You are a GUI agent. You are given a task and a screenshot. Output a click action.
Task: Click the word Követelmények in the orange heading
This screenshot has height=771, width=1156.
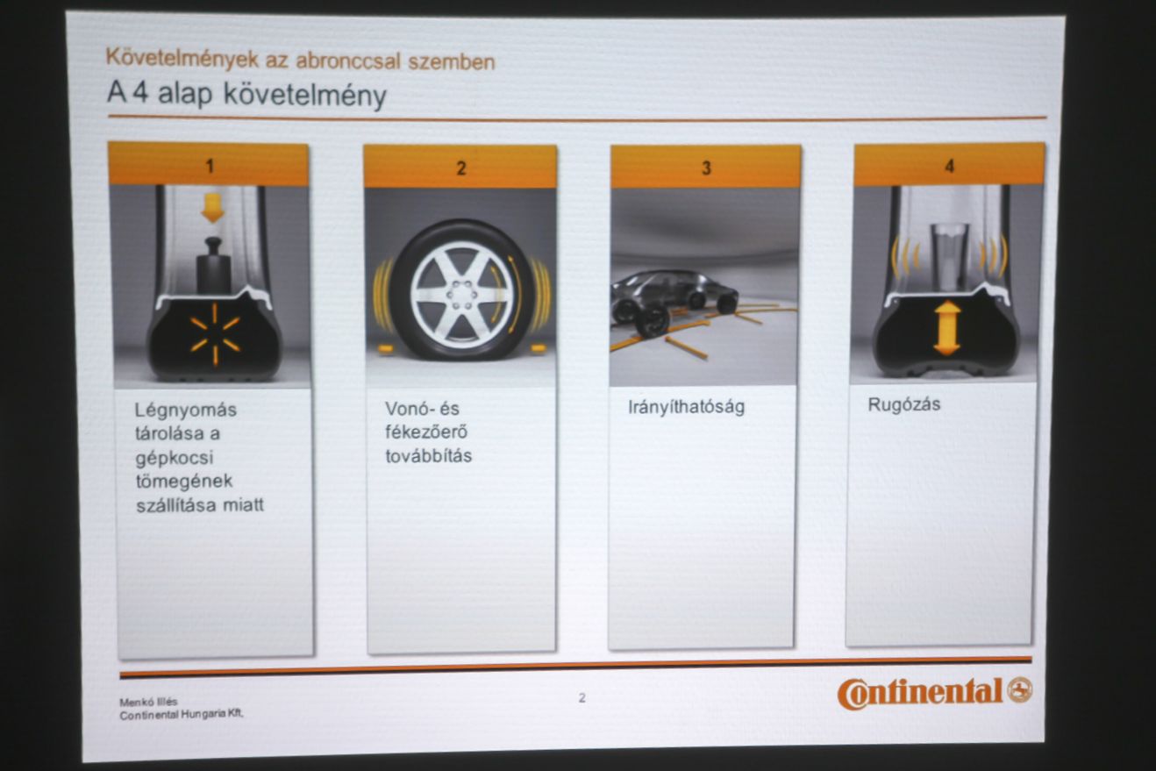tap(182, 58)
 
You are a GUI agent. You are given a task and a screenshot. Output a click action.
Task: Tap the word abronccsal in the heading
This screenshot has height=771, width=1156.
tap(348, 61)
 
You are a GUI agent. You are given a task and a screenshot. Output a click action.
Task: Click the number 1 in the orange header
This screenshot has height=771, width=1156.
tap(210, 166)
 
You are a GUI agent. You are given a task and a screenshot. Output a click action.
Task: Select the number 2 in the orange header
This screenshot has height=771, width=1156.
tap(461, 168)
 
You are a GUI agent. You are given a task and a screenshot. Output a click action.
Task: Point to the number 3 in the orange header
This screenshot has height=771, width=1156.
tap(707, 168)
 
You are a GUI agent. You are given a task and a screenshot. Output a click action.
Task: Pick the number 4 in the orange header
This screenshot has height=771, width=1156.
tap(950, 166)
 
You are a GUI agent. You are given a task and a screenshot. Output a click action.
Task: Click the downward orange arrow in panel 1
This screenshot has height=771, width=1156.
tap(212, 208)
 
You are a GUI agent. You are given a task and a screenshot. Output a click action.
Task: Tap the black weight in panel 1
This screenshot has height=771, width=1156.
tap(214, 267)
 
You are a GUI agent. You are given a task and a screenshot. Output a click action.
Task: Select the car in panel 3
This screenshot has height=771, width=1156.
tap(674, 302)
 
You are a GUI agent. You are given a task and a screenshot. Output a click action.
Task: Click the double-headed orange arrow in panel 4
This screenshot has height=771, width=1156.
tap(947, 328)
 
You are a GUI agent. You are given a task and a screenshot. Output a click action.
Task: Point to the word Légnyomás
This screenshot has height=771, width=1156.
tap(186, 410)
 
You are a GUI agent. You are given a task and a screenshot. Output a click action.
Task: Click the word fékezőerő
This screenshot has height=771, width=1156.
tap(426, 432)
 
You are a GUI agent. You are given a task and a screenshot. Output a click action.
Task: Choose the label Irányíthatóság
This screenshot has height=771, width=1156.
tap(687, 408)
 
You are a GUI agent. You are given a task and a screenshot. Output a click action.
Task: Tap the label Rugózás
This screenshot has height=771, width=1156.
tap(904, 404)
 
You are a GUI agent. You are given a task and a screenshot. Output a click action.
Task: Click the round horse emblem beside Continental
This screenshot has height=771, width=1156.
tap(1020, 690)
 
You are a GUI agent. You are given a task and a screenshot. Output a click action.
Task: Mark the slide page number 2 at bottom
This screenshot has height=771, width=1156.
tap(582, 697)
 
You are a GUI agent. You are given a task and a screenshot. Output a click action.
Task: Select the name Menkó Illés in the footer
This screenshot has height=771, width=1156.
tap(148, 702)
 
